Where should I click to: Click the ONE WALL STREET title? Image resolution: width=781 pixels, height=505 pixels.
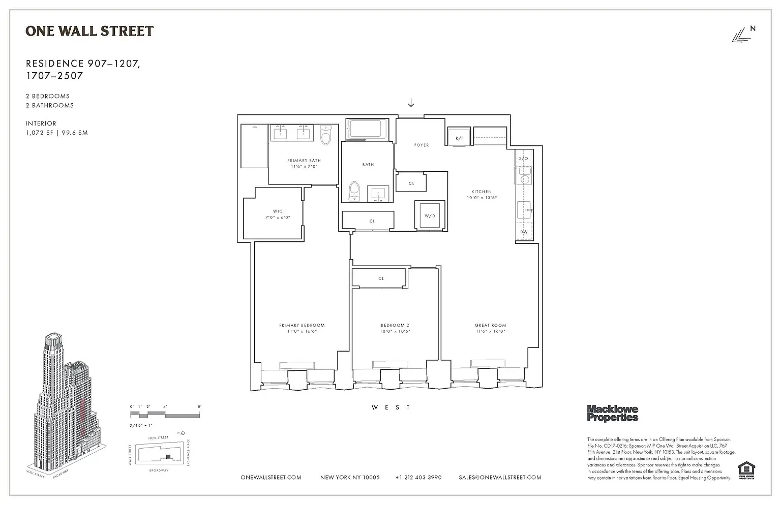(x=89, y=31)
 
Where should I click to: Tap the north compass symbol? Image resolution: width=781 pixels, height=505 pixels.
(x=743, y=35)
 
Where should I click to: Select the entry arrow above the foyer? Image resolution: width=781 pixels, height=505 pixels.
(x=411, y=103)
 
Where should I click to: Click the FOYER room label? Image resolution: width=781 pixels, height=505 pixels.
(x=421, y=145)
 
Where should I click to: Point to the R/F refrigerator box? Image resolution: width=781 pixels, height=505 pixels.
(x=459, y=138)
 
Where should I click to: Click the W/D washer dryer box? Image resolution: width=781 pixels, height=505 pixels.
(x=430, y=216)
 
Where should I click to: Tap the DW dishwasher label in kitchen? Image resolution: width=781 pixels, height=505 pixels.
(x=524, y=232)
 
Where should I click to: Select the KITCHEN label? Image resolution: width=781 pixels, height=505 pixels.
(x=482, y=192)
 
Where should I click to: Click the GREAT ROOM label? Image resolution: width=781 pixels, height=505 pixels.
(x=490, y=325)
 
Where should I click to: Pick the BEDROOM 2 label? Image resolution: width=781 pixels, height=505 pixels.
(x=395, y=325)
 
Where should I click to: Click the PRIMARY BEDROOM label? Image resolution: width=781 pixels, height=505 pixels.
(x=302, y=325)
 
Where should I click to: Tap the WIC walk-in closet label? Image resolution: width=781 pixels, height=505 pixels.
(x=277, y=211)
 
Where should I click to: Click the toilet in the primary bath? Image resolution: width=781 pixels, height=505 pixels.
(x=326, y=135)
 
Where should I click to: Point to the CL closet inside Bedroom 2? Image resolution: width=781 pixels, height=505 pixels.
(x=380, y=278)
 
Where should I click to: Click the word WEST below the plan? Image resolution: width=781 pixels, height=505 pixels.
(x=390, y=407)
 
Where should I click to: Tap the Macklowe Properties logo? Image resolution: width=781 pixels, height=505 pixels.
(x=612, y=413)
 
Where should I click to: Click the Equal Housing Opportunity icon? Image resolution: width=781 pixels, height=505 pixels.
(x=746, y=470)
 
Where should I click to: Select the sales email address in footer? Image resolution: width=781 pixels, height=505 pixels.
(x=499, y=478)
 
